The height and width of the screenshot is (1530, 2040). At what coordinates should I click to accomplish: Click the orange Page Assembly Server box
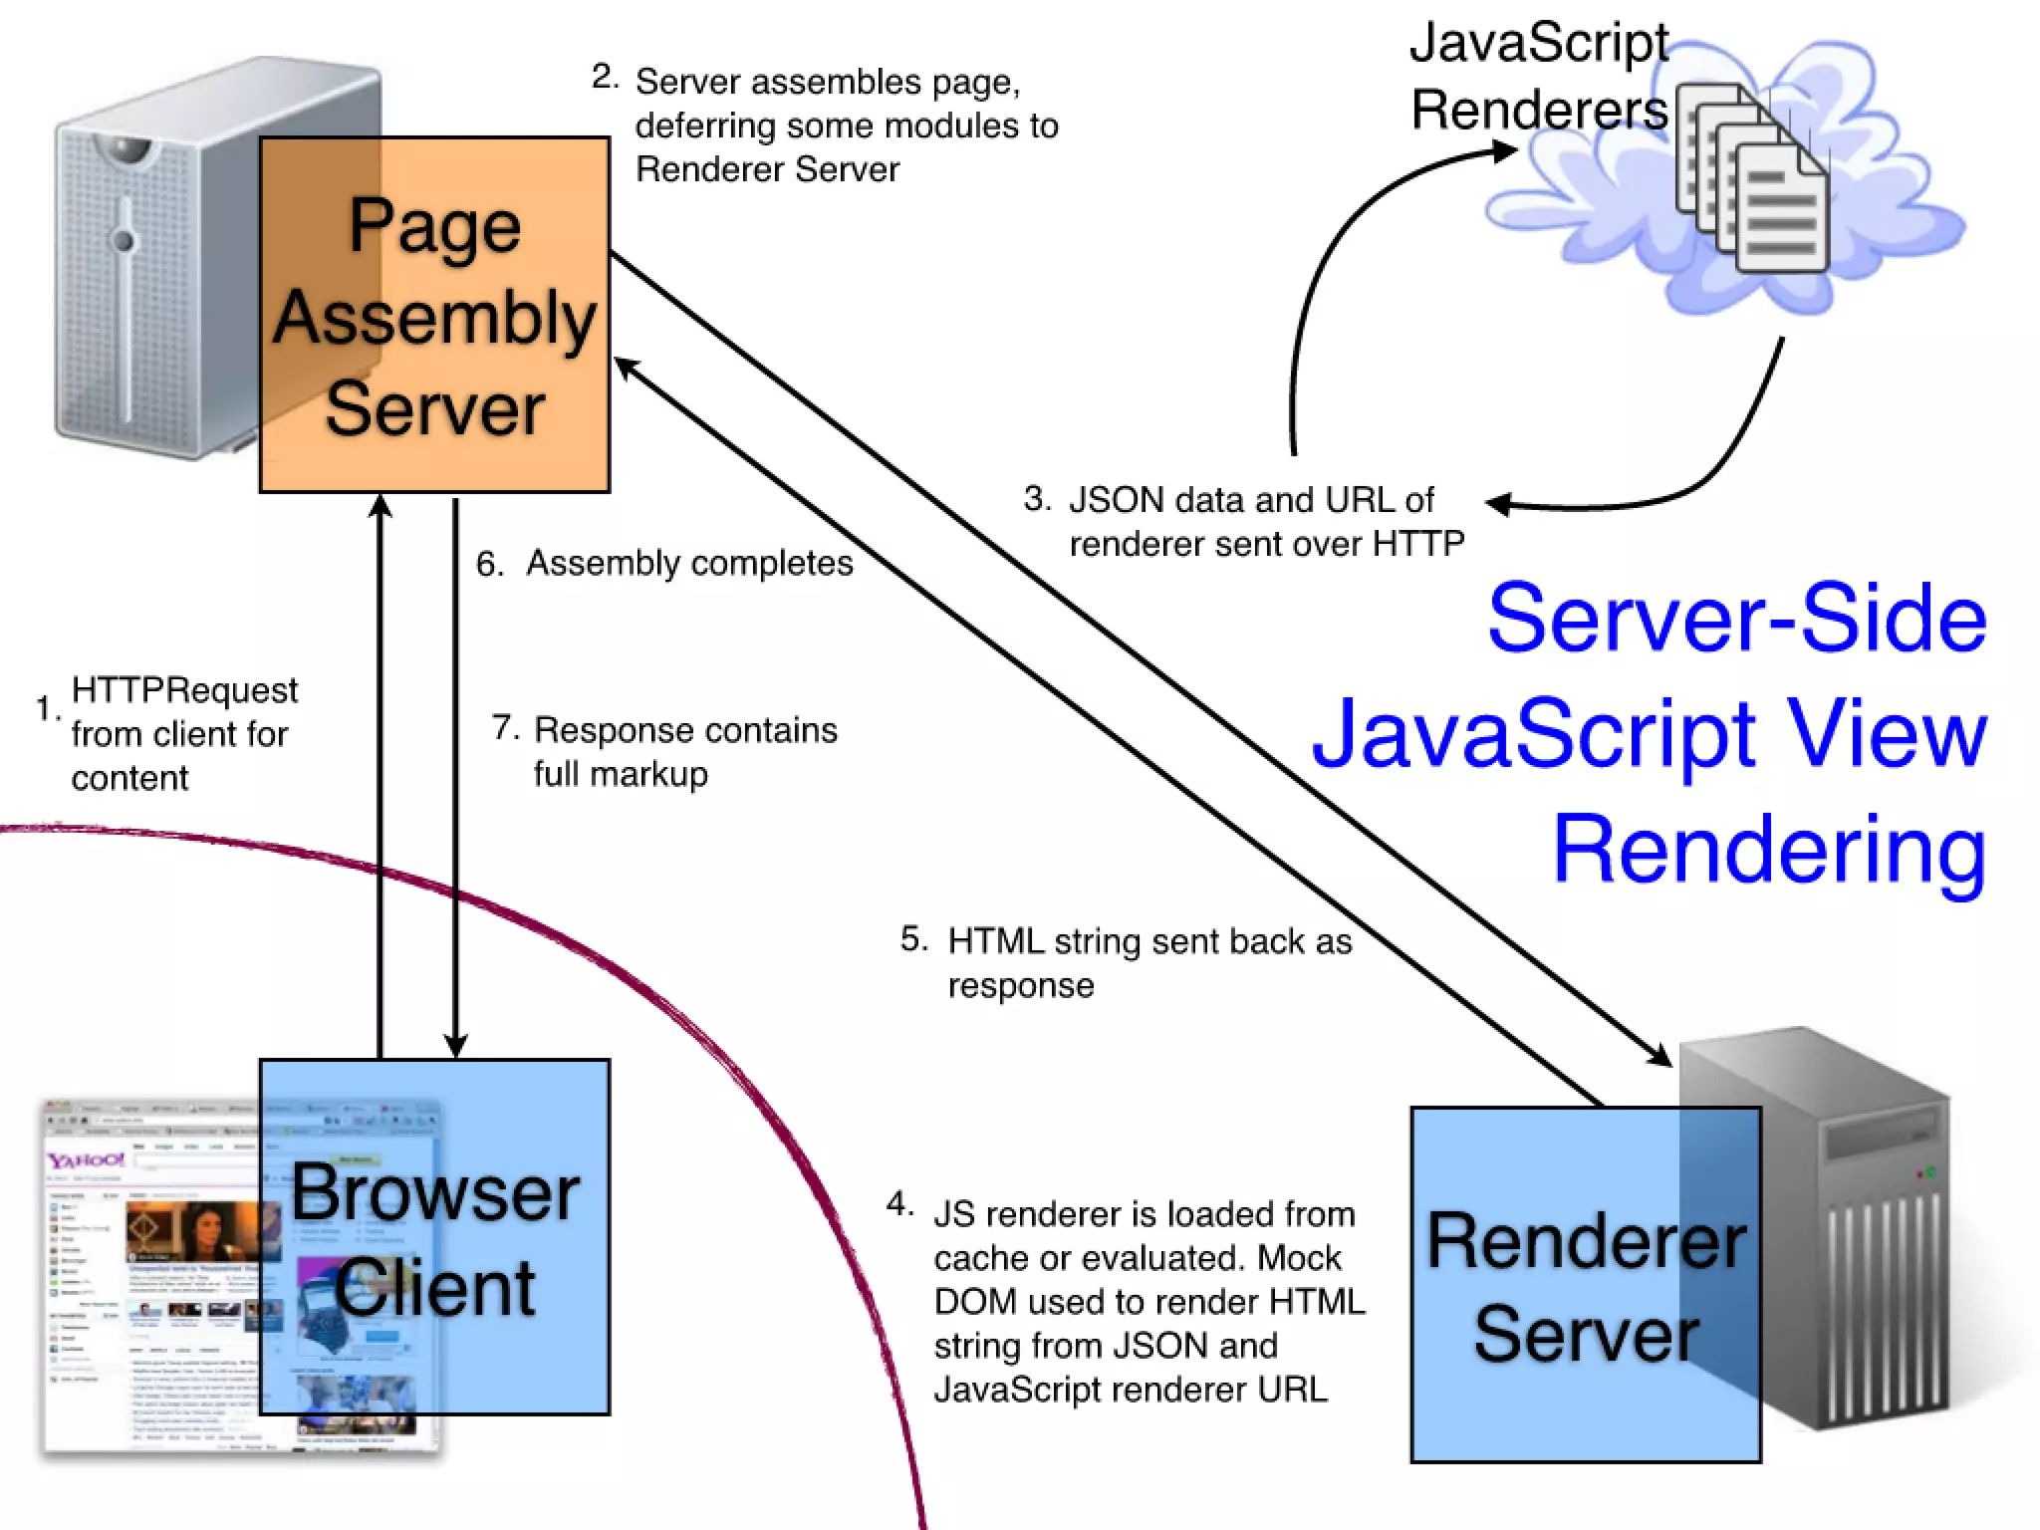(434, 315)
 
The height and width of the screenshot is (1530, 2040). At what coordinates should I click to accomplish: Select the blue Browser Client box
(434, 1236)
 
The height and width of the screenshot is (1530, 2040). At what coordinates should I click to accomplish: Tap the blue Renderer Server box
(1585, 1284)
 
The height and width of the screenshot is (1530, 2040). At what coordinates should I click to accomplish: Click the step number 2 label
(605, 77)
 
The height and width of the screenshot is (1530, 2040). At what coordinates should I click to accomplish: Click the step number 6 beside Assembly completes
(489, 565)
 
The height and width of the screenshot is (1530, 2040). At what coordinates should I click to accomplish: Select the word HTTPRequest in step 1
(184, 690)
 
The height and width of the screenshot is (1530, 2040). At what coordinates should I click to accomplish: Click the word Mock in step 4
(1299, 1258)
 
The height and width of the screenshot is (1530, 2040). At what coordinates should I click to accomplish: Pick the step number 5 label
(913, 939)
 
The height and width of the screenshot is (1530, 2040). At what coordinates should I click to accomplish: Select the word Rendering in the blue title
(1769, 850)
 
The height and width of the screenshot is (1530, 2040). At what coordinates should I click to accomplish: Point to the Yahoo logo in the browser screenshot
(86, 1160)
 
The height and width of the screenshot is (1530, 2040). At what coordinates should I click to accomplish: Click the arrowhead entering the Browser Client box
(455, 1047)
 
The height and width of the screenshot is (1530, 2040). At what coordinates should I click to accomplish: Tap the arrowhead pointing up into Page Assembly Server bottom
(380, 507)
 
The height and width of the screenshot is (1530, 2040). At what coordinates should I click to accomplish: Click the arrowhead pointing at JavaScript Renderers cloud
(1504, 152)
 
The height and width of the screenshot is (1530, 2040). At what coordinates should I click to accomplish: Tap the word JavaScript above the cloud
(1538, 43)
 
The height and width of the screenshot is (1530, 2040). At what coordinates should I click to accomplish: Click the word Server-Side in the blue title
(1737, 619)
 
